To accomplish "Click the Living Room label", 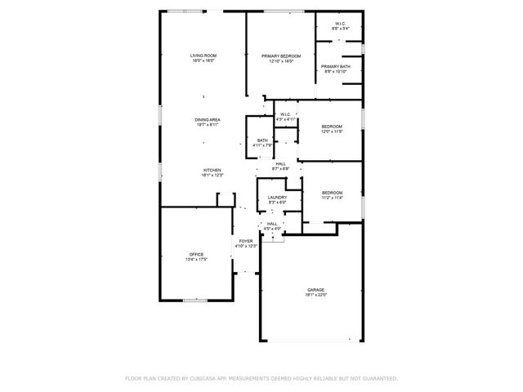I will click(203, 55).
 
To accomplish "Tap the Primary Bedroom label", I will click(281, 56).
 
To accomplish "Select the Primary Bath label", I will click(336, 66).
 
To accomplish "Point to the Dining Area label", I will click(208, 119).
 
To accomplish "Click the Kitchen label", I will click(212, 170).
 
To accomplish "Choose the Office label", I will click(196, 254).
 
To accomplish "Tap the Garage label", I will click(315, 289).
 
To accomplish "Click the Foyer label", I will click(245, 240).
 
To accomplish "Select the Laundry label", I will click(276, 197).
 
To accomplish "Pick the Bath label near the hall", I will click(262, 140).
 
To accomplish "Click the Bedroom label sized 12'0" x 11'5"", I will click(331, 126).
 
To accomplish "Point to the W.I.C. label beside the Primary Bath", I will click(339, 24).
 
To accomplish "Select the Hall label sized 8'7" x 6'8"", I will click(280, 163).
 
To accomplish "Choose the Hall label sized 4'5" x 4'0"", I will click(272, 223).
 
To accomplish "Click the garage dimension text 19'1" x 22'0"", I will click(315, 294).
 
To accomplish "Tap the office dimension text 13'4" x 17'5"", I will click(196, 259).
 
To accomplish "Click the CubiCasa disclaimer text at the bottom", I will click(261, 378).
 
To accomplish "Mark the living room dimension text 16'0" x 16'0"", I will click(203, 60).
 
